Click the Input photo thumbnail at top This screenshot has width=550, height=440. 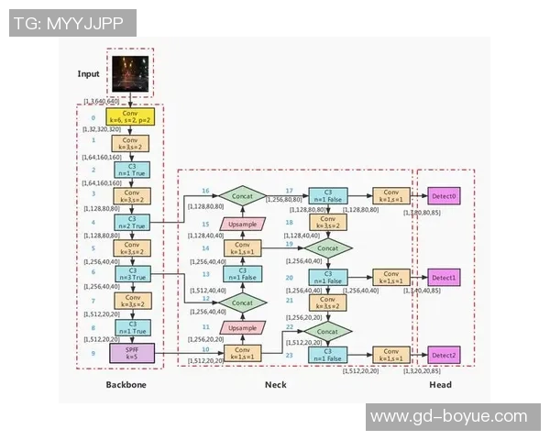point(131,72)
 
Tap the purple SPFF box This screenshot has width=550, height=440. point(132,352)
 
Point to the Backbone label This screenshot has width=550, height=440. point(126,385)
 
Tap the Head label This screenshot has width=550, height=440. point(440,385)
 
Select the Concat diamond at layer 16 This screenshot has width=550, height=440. point(243,194)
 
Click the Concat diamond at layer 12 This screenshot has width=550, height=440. point(243,301)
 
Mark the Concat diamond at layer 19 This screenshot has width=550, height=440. point(327,247)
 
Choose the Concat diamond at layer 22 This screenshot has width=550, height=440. point(327,328)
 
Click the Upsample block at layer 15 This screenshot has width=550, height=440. point(243,223)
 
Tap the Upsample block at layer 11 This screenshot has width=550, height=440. point(243,327)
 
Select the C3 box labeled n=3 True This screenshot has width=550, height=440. point(132,274)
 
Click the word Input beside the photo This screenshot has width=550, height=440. point(89,73)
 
